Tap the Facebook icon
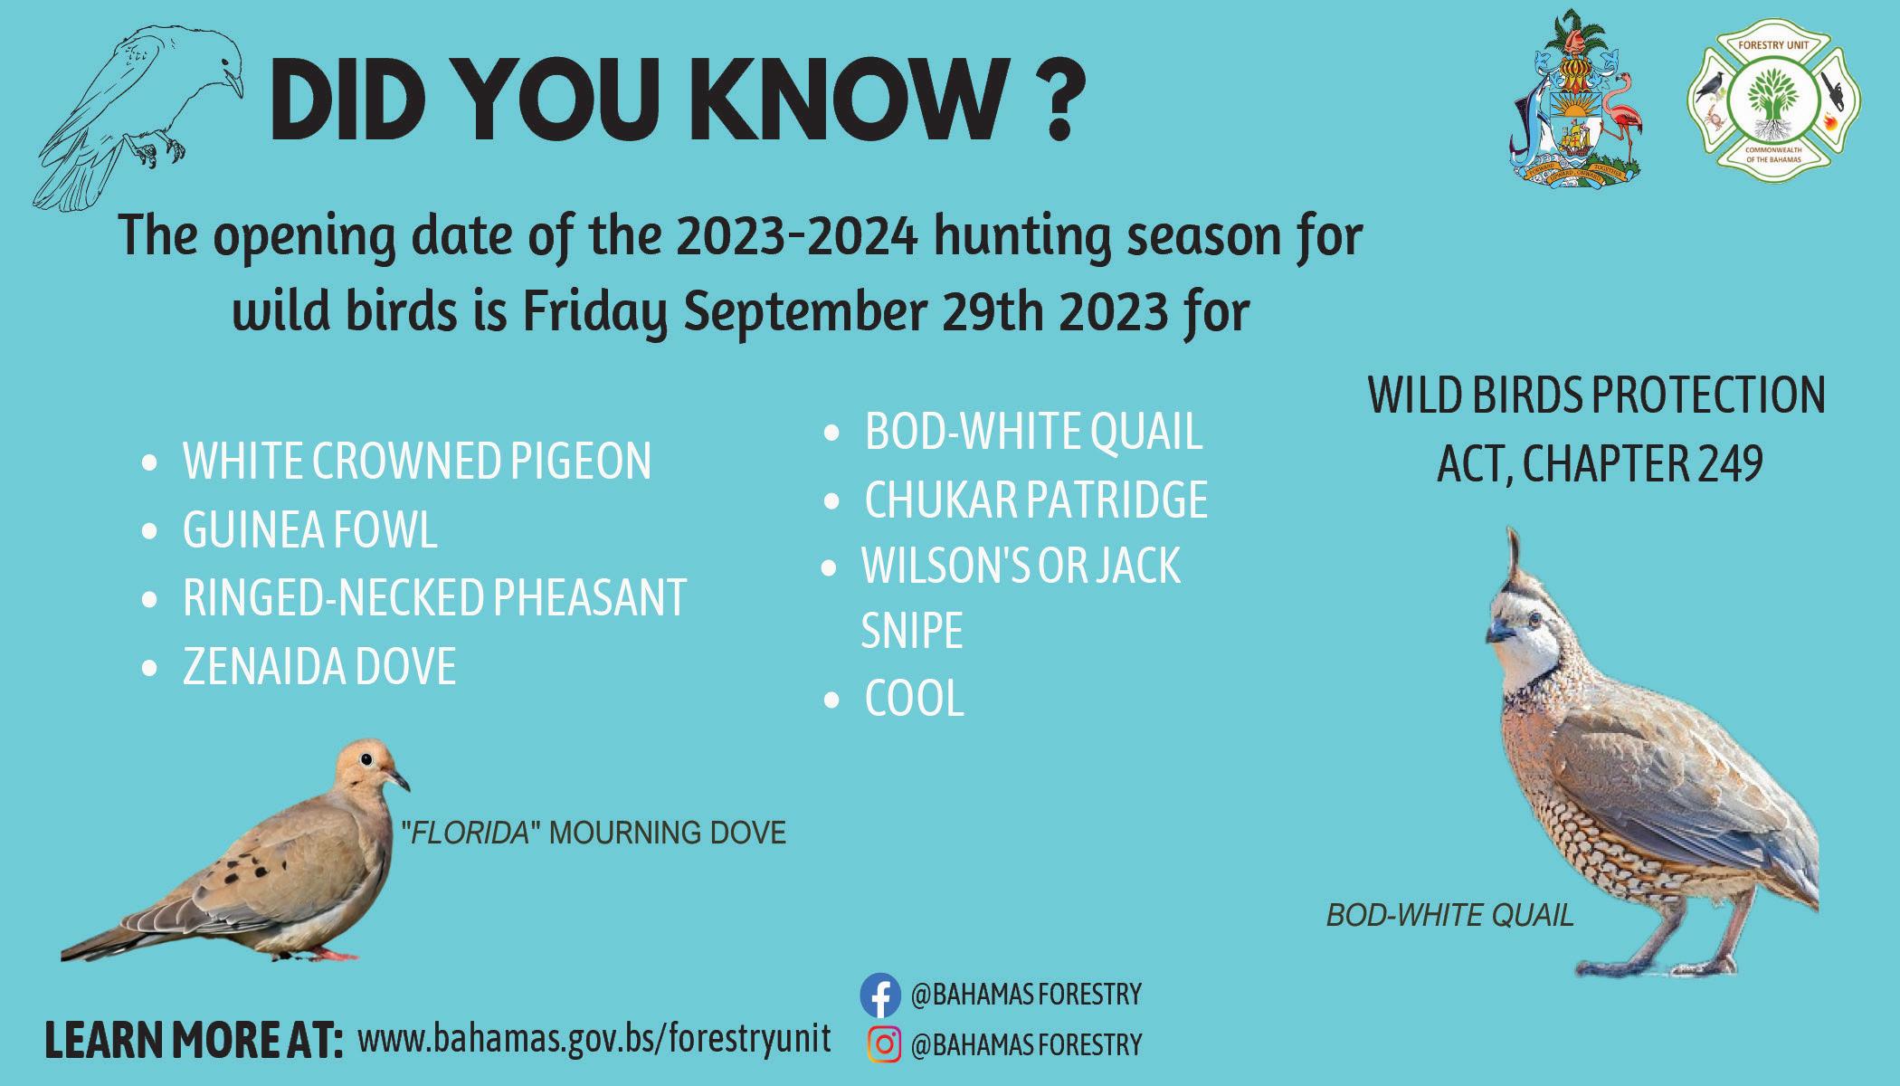point(880,995)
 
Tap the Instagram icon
point(884,1044)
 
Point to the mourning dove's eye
point(366,759)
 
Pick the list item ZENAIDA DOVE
point(319,667)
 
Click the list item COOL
point(915,699)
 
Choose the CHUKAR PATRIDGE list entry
point(1036,500)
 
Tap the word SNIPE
point(912,631)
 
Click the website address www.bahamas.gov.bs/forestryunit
point(594,1038)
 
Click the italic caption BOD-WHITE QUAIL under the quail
point(1450,916)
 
